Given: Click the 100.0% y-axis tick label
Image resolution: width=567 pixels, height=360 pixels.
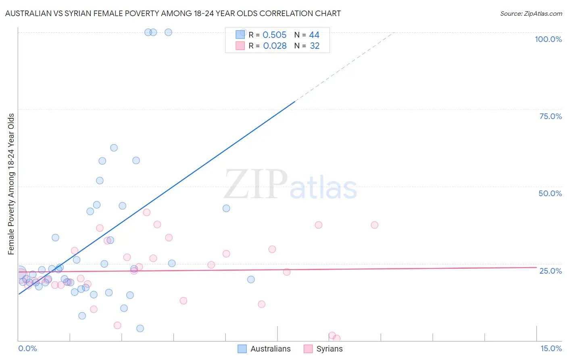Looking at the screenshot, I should (548, 39).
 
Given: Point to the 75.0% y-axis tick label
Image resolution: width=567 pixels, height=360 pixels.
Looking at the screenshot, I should (550, 116).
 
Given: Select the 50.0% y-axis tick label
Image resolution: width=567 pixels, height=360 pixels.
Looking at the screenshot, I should (550, 193).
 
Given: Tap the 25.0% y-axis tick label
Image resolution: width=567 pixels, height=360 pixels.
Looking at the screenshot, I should (550, 270).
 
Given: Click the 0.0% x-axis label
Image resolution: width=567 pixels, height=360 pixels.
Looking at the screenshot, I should (27, 348).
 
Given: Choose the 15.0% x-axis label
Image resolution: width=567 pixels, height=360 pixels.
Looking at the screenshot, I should (551, 348).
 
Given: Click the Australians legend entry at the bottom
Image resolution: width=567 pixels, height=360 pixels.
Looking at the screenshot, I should (264, 349).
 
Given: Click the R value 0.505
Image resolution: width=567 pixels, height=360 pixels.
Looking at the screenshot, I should (275, 35).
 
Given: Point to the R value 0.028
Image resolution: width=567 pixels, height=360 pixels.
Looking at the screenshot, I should (275, 46).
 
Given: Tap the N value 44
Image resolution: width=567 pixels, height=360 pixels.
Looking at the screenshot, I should (314, 35).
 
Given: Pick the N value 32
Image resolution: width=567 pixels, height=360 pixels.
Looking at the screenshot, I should (315, 46).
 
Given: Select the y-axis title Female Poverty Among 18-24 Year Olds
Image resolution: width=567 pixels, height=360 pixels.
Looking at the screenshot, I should (11, 184).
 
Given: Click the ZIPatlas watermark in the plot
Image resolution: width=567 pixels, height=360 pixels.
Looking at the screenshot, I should (290, 185).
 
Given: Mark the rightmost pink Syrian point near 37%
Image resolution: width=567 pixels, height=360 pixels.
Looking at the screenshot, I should (374, 225).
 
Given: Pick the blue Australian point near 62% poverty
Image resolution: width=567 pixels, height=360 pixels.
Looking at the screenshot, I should (114, 148).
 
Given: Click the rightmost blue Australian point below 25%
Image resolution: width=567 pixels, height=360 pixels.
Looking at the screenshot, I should (251, 279).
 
